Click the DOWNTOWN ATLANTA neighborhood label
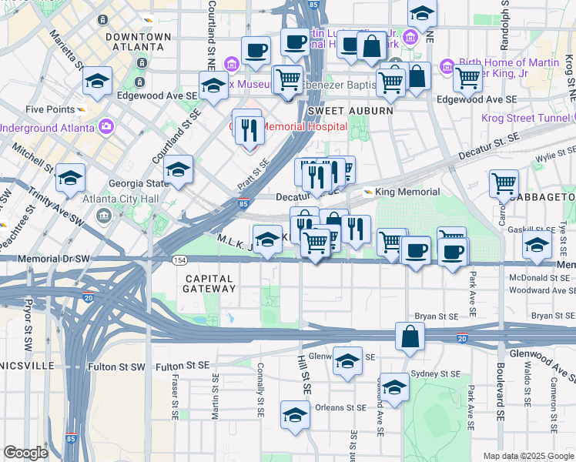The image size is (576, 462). tap(139, 42)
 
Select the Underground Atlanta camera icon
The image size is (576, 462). tap(105, 126)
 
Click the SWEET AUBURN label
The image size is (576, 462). tap(350, 111)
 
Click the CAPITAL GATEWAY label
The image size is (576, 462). tap(209, 283)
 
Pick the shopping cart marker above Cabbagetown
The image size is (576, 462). tap(504, 183)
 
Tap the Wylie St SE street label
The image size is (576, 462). tap(556, 156)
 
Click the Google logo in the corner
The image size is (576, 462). tap(25, 453)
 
